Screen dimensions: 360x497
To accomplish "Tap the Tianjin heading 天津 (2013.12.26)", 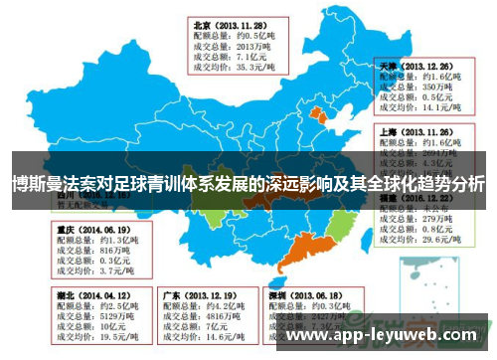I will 414,63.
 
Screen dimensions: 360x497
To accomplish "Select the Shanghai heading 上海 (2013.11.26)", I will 414,130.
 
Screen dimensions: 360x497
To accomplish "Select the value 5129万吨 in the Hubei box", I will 100,317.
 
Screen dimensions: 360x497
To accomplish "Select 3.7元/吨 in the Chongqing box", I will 96,270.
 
